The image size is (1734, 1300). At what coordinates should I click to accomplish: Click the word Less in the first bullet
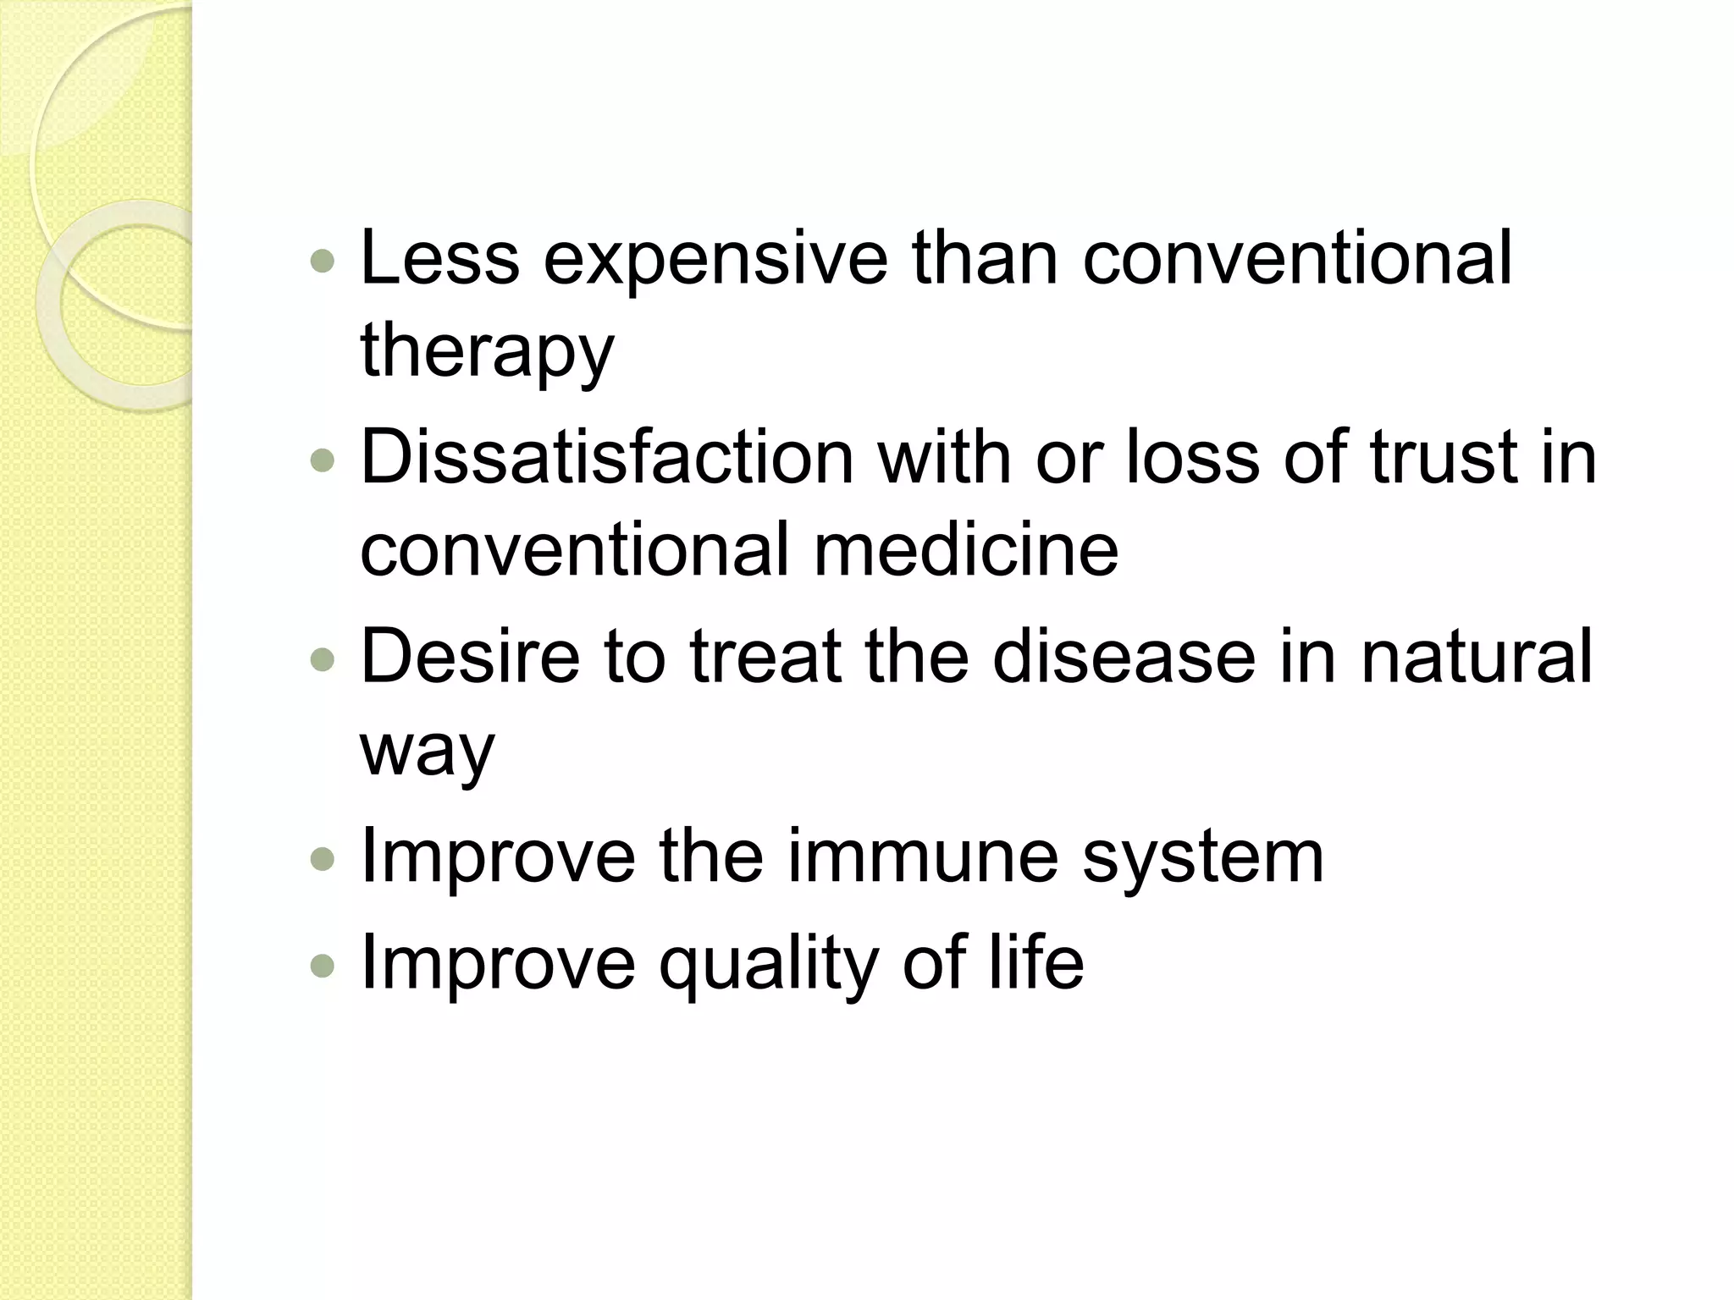tap(439, 257)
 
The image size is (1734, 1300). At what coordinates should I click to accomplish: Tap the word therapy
tap(487, 352)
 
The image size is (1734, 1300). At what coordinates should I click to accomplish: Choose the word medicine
tap(966, 550)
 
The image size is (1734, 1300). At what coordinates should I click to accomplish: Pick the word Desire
tap(470, 657)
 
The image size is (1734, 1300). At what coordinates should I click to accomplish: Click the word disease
tap(1124, 657)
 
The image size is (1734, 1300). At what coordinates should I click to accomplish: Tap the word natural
tap(1477, 657)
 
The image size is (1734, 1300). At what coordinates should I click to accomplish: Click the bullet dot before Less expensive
tap(323, 262)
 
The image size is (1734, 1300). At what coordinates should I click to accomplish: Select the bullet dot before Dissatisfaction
tap(323, 461)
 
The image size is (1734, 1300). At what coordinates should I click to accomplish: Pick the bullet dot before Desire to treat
tap(323, 660)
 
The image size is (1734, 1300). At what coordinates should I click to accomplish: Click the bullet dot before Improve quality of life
tap(323, 965)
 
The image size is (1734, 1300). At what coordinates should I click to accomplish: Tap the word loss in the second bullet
tap(1192, 458)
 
